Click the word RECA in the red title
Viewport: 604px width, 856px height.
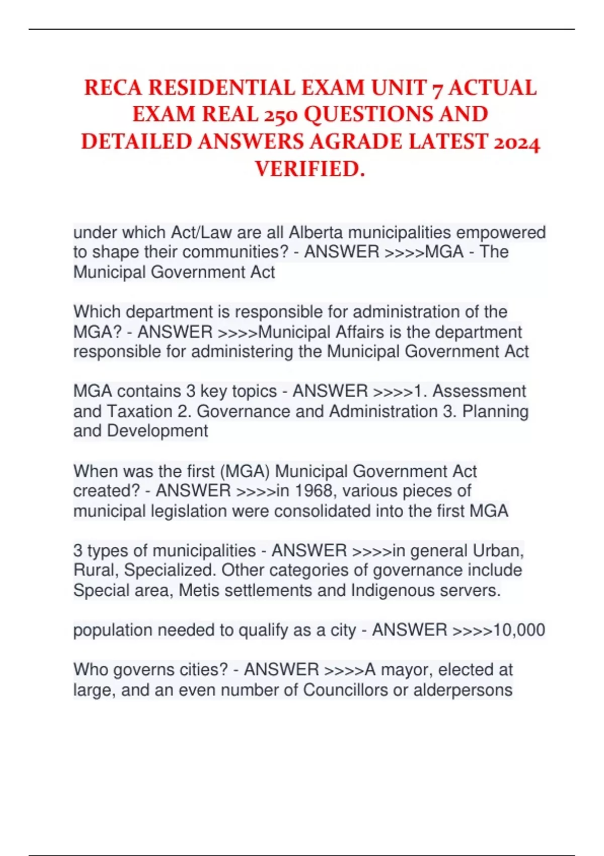[x=114, y=88]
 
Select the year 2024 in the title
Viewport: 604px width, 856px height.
[x=516, y=143]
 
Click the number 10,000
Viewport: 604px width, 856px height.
[x=519, y=630]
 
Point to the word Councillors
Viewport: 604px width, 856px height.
[x=345, y=690]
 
